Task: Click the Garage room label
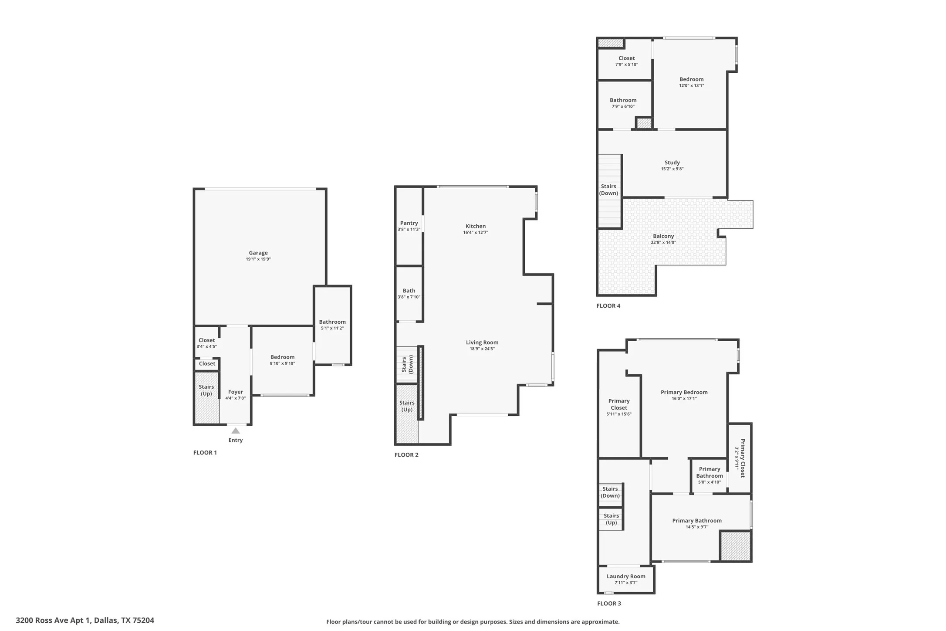(x=258, y=253)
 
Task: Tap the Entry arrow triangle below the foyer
(x=236, y=431)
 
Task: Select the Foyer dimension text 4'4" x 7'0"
(x=236, y=398)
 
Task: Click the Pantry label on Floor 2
(x=409, y=223)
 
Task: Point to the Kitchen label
(x=476, y=226)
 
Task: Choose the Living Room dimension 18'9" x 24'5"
(x=482, y=349)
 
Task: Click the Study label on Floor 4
(x=672, y=163)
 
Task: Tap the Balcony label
(x=663, y=236)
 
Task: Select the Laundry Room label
(x=626, y=576)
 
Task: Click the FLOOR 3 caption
(x=609, y=604)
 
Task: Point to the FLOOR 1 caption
(x=205, y=452)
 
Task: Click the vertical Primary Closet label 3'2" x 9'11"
(x=740, y=458)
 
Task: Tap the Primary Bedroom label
(x=684, y=392)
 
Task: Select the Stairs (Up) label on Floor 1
(x=206, y=390)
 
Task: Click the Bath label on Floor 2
(x=409, y=291)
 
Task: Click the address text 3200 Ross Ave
(x=85, y=620)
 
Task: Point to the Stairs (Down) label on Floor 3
(x=610, y=492)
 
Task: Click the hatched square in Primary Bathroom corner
(x=735, y=546)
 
